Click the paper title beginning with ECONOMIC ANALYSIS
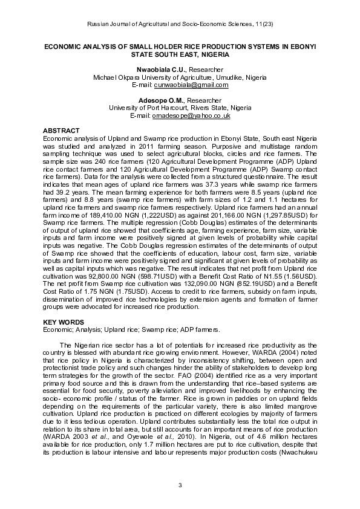(x=180, y=50)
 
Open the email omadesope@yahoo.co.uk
(x=191, y=115)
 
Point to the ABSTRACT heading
(x=61, y=131)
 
